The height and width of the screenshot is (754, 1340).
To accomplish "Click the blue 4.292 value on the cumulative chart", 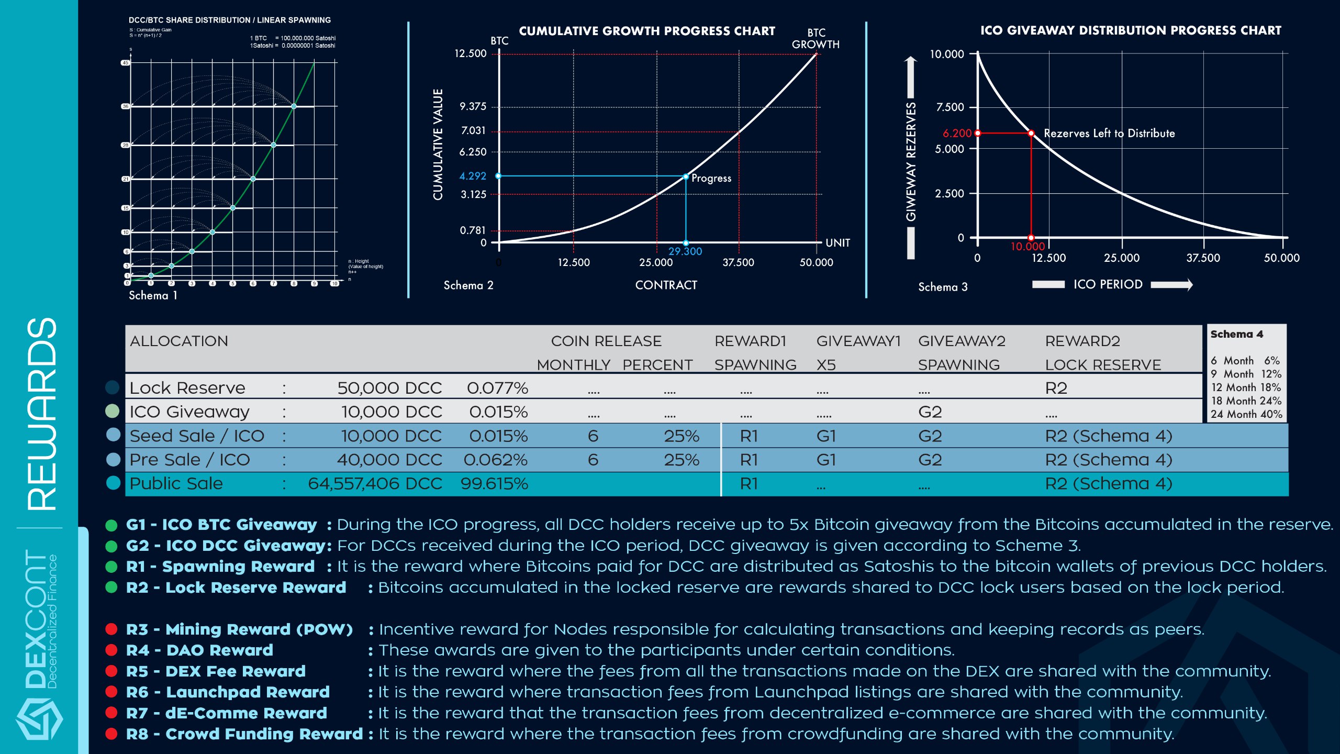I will coord(473,176).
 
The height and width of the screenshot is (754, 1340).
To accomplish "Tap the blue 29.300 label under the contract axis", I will coord(685,251).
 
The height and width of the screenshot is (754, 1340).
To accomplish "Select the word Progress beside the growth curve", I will coord(711,178).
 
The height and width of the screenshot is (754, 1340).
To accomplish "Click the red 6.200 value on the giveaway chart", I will coord(957,134).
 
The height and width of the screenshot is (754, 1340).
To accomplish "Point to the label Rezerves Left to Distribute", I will coord(1109,134).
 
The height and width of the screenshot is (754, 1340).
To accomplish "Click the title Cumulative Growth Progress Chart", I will coord(647,31).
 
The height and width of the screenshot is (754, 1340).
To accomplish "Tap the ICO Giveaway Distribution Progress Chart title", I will coord(1131,30).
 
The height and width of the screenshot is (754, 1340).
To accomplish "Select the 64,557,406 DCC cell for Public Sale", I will coord(375,484).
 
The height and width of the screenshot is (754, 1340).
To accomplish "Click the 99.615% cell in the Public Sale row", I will coord(494,484).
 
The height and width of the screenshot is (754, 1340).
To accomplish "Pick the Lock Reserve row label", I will coord(187,388).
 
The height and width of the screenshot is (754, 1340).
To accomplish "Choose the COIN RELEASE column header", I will coord(606,341).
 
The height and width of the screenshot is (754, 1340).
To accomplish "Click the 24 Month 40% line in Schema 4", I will coord(1246,414).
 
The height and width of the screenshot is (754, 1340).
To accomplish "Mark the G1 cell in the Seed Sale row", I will coord(826,436).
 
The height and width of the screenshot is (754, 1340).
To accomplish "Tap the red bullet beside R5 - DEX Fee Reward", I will coord(111,671).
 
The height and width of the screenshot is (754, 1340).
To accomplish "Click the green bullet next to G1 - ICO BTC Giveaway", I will coord(111,525).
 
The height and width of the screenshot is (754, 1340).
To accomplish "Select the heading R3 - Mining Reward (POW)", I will coord(239,629).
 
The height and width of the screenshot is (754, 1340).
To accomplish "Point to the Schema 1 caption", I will coord(153,296).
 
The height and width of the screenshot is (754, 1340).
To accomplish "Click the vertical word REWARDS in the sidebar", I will coord(42,414).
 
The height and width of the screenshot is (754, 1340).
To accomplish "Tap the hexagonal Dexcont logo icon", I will coord(39,719).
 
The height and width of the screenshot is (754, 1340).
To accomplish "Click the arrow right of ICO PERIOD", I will coord(1172,285).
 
